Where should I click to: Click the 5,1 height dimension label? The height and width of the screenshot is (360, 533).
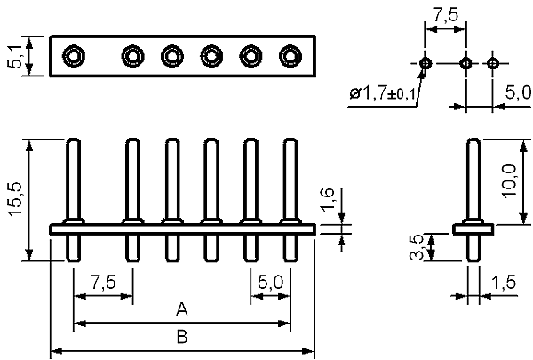click(x=15, y=56)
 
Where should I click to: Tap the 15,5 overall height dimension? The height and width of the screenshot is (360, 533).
click(x=16, y=200)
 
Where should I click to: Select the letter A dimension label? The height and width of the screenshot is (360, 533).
click(x=182, y=309)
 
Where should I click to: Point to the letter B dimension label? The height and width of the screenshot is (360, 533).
click(x=182, y=337)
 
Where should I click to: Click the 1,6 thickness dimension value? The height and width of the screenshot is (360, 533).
click(x=328, y=199)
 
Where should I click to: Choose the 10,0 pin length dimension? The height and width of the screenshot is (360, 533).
click(x=511, y=180)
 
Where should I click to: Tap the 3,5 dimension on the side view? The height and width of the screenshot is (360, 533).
click(x=417, y=247)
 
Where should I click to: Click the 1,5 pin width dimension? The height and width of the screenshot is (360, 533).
click(x=504, y=283)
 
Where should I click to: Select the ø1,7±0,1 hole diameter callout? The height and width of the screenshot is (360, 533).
click(x=382, y=93)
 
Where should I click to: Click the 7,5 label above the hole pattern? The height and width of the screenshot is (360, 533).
click(x=446, y=14)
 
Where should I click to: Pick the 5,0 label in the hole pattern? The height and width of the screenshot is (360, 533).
click(x=518, y=92)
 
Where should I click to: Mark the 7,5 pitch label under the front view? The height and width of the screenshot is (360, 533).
click(x=103, y=283)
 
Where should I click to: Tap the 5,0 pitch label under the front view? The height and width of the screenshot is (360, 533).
click(x=271, y=283)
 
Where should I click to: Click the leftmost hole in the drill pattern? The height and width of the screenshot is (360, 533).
click(x=425, y=63)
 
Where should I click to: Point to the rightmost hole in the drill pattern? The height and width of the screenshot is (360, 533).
click(x=493, y=63)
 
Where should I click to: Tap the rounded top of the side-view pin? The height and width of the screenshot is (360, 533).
click(x=474, y=140)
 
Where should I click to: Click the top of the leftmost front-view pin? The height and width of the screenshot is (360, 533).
click(x=73, y=140)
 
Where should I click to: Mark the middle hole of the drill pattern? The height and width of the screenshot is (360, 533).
click(x=465, y=63)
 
